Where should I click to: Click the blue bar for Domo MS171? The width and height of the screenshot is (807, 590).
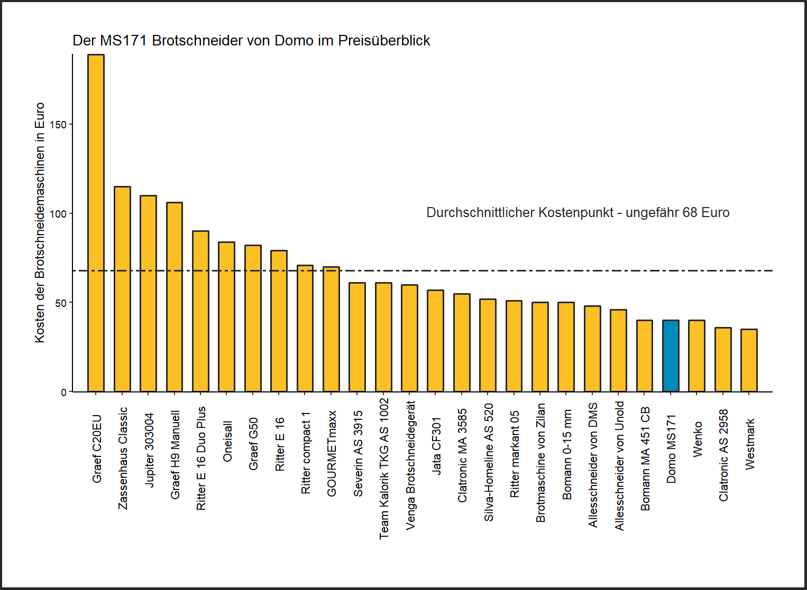coord(671,356)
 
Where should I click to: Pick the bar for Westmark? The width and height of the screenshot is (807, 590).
coord(749,360)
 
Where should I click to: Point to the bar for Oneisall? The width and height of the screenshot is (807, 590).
coord(226,317)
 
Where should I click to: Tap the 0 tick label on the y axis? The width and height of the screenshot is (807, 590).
coord(63,392)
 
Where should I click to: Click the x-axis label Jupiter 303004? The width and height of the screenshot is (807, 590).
coord(150,449)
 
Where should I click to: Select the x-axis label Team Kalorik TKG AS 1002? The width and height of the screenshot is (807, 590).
coord(384,469)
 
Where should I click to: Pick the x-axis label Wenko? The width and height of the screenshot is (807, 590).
coord(698,439)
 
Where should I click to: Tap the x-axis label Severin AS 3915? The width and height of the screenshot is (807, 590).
coord(358,454)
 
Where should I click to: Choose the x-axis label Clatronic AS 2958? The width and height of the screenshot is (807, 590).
coord(723,455)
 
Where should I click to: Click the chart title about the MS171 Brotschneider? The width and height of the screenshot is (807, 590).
coord(251,41)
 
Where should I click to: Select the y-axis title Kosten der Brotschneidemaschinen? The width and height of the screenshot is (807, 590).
coord(40,223)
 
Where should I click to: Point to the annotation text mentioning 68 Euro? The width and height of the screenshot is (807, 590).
coord(577,213)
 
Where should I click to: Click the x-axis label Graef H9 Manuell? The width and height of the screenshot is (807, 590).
coord(176,455)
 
